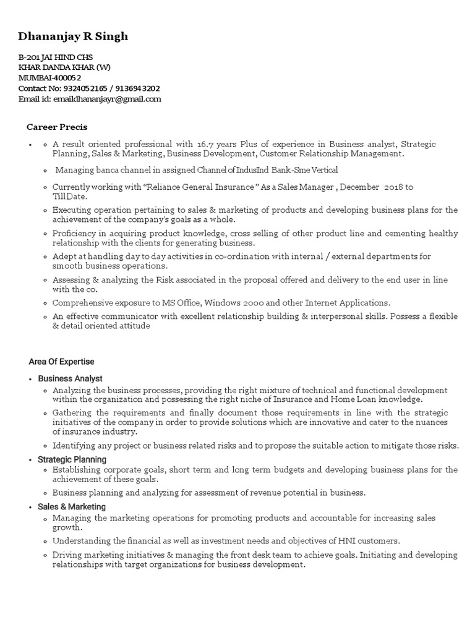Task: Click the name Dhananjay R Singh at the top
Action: tap(74, 36)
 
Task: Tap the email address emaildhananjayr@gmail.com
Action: tap(107, 99)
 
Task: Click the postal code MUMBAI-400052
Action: tap(49, 78)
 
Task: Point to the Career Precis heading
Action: tap(57, 127)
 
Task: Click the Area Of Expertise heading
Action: tap(62, 362)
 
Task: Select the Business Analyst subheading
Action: tap(71, 378)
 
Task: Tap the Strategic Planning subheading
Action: tap(72, 460)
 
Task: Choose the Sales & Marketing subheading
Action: tap(72, 507)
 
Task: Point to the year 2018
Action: tap(387, 187)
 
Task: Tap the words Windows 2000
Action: tap(227, 303)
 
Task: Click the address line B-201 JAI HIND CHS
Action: tap(56, 57)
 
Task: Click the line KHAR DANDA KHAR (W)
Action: tap(65, 67)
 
